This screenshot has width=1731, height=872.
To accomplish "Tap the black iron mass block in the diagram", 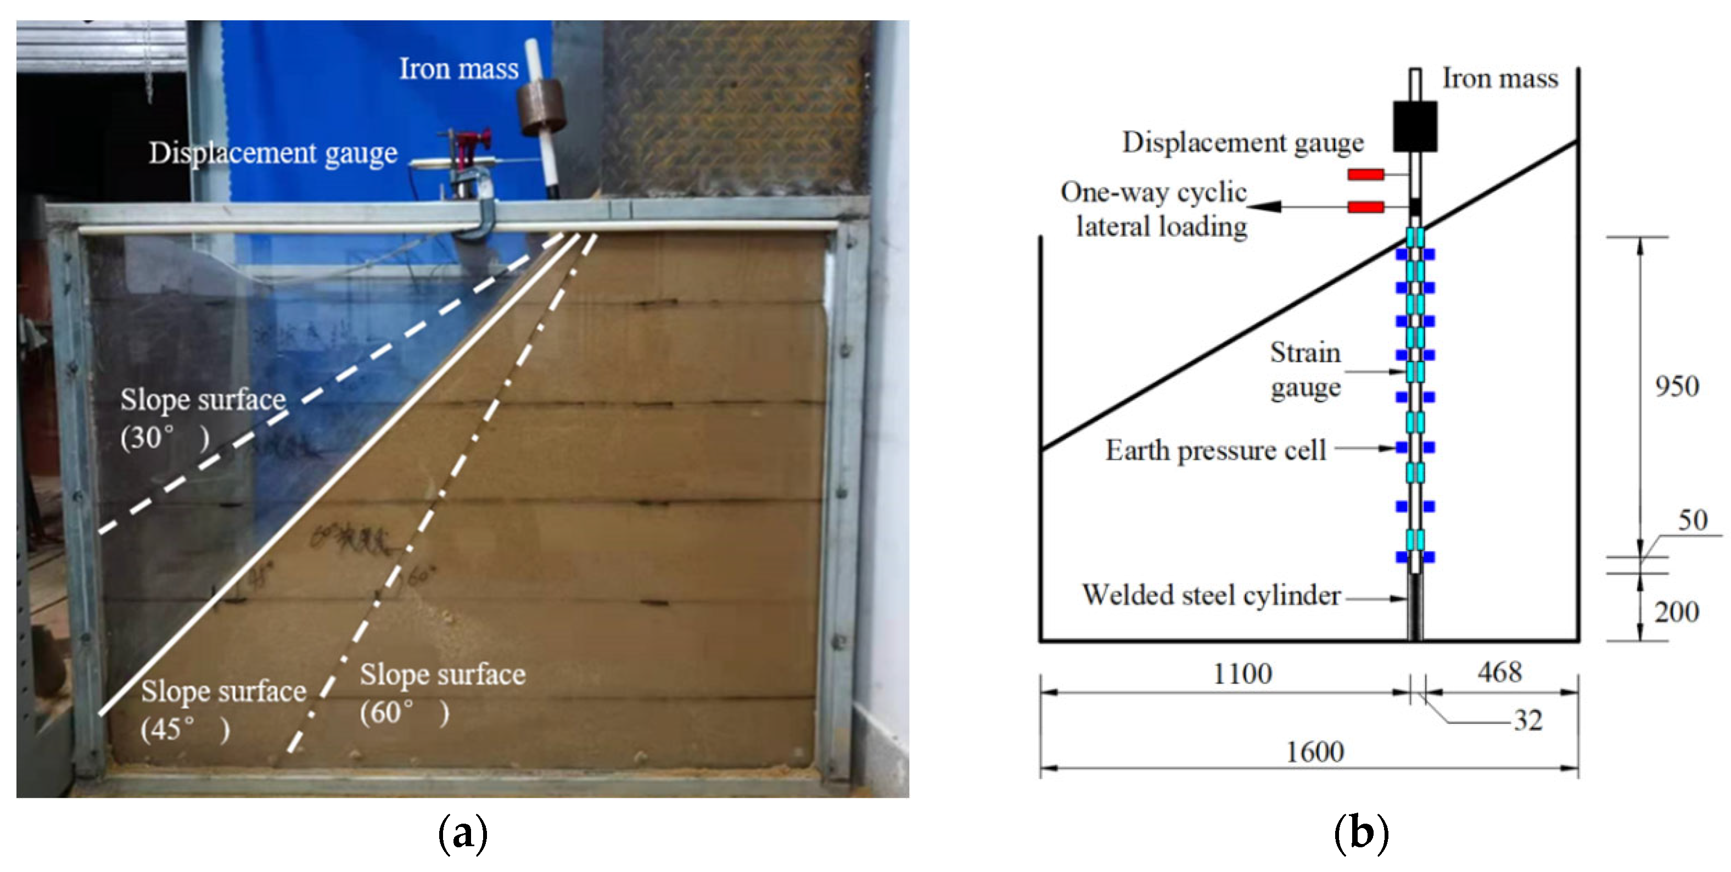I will [1415, 126].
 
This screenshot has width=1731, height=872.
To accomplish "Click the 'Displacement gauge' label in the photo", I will [273, 153].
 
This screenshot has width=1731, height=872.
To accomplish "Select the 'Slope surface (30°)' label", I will [203, 418].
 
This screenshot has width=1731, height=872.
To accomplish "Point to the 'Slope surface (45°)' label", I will [223, 710].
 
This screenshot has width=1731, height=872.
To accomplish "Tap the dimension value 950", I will [1677, 387].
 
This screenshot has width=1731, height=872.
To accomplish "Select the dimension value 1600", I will [1314, 752].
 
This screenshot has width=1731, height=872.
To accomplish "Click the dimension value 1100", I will [1242, 674].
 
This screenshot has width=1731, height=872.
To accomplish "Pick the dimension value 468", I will [1499, 672].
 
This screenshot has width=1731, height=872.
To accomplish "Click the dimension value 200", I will [1677, 612].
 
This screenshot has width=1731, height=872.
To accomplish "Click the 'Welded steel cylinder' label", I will [1211, 596].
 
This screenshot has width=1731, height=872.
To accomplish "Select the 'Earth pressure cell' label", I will [1215, 450].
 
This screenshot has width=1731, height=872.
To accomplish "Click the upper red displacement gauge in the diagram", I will [1365, 175].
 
